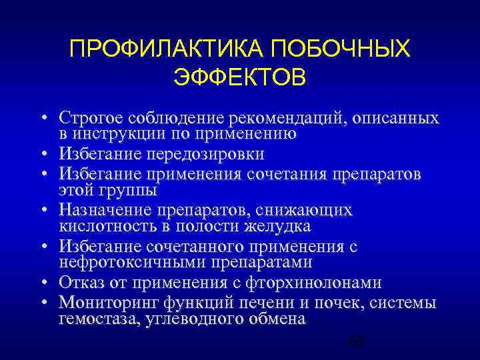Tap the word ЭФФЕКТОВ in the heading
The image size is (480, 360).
coord(240,77)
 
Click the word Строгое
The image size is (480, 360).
coord(93,119)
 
